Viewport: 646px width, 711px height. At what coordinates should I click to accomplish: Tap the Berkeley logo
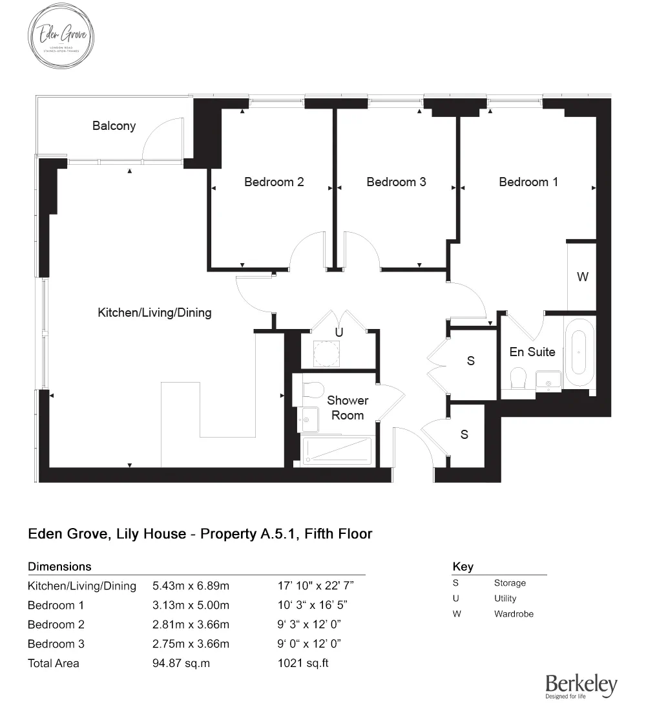click(x=581, y=686)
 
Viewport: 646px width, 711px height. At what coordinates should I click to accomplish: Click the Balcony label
click(x=114, y=125)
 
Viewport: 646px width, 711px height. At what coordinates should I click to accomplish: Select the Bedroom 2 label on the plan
click(x=274, y=182)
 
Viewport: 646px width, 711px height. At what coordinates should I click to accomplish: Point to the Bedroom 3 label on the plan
click(x=396, y=182)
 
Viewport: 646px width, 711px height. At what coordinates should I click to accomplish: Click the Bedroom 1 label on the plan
click(x=528, y=182)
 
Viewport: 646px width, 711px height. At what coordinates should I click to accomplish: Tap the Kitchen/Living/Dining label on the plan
click(x=154, y=313)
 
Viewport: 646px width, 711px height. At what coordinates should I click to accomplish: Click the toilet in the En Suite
click(x=519, y=379)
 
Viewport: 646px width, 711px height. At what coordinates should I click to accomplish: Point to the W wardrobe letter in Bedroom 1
click(x=583, y=277)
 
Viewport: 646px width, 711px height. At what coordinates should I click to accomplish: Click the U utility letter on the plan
click(x=338, y=332)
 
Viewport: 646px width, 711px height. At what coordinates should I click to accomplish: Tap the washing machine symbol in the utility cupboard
click(x=326, y=353)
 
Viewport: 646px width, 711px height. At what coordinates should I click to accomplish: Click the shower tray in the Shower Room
click(x=338, y=450)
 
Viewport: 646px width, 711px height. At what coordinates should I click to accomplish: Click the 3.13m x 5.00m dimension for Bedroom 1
click(x=191, y=606)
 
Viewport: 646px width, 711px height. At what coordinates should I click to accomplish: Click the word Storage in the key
click(x=510, y=583)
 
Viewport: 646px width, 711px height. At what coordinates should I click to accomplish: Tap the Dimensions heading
click(x=59, y=567)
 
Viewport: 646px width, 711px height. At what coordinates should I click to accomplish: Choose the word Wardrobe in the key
click(x=514, y=614)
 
